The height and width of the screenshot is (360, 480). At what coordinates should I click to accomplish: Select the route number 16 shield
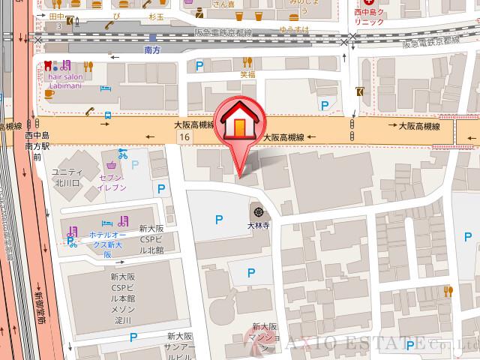(184, 138)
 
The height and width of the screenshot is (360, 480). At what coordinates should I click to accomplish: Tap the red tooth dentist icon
(49, 65)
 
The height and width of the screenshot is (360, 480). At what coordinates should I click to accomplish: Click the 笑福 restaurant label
(247, 74)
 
